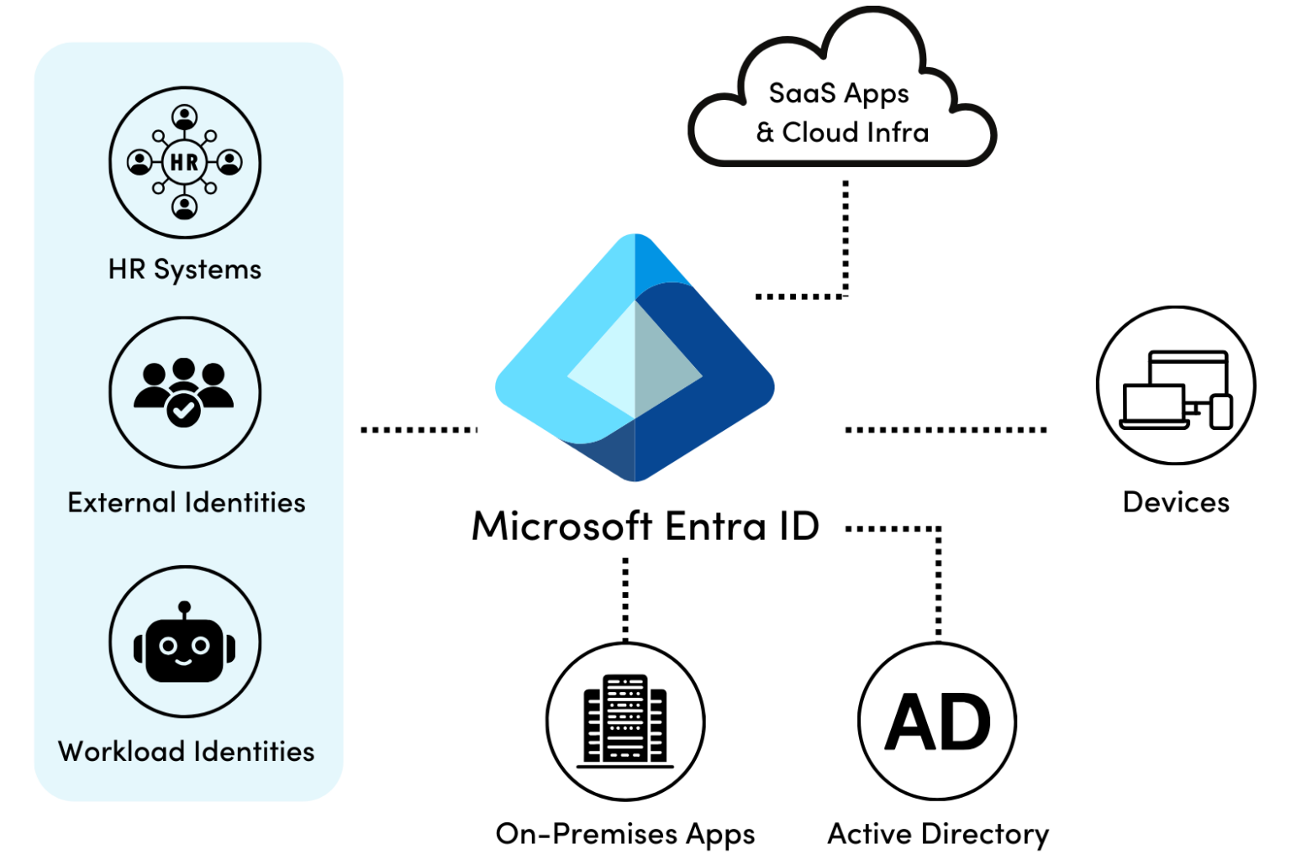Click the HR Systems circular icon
coord(185,162)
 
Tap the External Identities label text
coord(187,502)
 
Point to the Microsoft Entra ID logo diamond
coord(635,361)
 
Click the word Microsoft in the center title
coord(561,527)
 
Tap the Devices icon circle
coord(1175,385)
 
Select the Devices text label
coord(1175,502)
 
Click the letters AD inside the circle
coord(938,723)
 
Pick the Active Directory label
coord(938,834)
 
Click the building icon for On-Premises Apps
coord(625,721)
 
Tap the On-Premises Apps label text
coord(625,834)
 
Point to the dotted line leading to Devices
coord(946,429)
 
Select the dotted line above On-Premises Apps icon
coord(625,598)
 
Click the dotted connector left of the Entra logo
coord(418,429)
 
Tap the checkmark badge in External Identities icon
coord(183,410)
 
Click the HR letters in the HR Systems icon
coord(184,162)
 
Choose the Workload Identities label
coord(187,751)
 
